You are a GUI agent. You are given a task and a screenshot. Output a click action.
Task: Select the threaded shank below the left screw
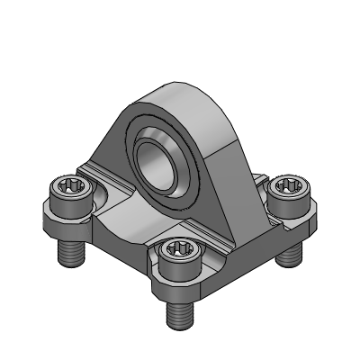pos(69,252)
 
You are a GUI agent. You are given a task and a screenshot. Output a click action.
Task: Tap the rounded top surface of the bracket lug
pos(184,99)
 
